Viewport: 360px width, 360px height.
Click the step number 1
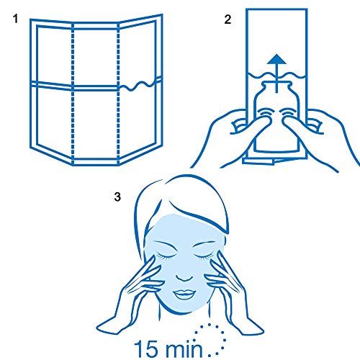tap(16, 19)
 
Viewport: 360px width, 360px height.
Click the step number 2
tap(228, 19)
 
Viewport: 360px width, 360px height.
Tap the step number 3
tap(117, 197)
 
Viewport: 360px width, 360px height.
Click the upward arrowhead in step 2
tap(276, 59)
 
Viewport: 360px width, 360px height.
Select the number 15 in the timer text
tap(146, 348)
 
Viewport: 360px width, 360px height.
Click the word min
tap(184, 348)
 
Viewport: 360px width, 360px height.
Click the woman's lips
tap(184, 294)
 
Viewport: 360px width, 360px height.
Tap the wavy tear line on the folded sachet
tap(140, 85)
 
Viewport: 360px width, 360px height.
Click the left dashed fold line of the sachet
tap(73, 94)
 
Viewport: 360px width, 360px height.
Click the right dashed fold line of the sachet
tap(118, 94)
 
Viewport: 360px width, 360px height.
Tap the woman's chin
tap(184, 308)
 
